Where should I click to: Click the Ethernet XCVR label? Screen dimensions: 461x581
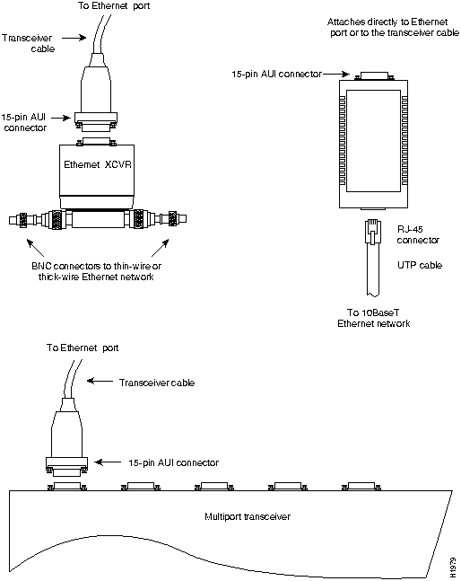[98, 164]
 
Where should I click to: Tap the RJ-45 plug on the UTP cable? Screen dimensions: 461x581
[373, 232]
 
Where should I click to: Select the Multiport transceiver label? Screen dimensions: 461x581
[248, 516]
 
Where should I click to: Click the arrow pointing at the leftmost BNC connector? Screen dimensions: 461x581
[35, 248]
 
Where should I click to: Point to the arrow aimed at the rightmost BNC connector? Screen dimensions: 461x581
[161, 248]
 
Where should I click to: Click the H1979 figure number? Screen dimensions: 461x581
[453, 568]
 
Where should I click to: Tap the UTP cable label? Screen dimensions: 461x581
[420, 265]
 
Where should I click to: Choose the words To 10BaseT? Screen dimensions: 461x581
[373, 313]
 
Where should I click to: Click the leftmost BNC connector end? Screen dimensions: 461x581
[18, 220]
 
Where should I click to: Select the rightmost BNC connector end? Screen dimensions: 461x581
[178, 218]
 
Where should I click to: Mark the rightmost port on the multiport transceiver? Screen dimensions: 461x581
[361, 486]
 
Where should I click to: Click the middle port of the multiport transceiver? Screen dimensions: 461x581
[214, 486]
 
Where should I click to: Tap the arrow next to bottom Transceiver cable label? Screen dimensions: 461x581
[100, 381]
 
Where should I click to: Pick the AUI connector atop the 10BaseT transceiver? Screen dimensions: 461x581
[374, 76]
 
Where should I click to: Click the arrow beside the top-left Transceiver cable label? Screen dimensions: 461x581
[74, 38]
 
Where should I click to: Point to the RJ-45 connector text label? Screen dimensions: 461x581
[418, 235]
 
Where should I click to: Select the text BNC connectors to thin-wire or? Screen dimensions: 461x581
[96, 266]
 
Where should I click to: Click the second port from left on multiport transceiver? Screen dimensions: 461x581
[141, 486]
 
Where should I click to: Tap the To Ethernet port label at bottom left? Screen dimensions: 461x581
[83, 348]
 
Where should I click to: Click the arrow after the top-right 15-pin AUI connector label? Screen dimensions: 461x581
[336, 75]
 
